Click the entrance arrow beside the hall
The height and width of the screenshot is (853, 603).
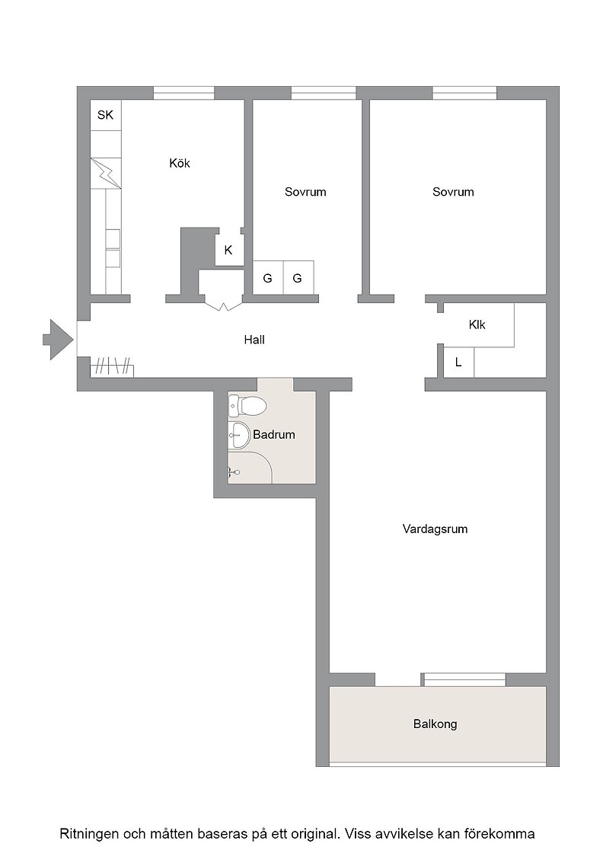pos(58,340)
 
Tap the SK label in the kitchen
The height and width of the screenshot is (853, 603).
pos(106,115)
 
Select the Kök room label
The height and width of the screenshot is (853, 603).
pos(180,163)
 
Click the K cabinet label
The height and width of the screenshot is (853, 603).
pos(228,250)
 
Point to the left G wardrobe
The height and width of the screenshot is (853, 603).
pos(268,278)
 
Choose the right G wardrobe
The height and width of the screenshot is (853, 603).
pos(298,278)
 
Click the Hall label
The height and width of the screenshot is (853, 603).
pos(254,340)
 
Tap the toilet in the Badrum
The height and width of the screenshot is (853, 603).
pos(247,406)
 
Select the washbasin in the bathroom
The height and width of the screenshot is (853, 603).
pos(239,435)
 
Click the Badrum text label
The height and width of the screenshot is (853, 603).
pos(274,435)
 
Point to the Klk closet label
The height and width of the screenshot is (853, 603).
pos(477,324)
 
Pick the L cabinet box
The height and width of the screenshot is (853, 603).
pos(459,361)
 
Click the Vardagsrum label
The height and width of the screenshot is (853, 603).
pos(435,529)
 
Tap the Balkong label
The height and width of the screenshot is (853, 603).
pos(435,724)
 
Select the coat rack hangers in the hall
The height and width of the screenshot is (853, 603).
pos(112,366)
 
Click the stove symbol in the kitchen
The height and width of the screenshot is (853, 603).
pos(106,173)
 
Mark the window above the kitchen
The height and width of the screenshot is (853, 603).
pos(183,93)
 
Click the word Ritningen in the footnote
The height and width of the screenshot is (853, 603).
pos(88,834)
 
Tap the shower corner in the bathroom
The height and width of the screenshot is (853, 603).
pos(250,467)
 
